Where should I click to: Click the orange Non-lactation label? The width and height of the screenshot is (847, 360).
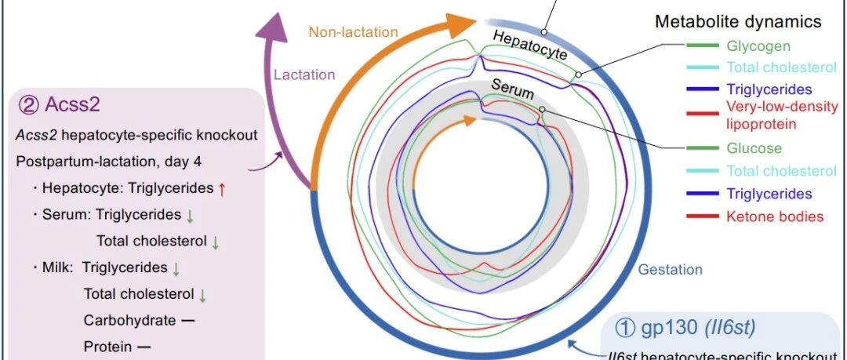[353, 32]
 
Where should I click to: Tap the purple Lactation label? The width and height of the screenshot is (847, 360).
[304, 75]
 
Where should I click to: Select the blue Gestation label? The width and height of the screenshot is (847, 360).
[671, 269]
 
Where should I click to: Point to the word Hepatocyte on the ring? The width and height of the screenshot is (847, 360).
[530, 45]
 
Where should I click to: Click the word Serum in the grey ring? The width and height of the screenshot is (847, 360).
[513, 89]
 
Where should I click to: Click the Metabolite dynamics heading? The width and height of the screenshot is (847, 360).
[738, 22]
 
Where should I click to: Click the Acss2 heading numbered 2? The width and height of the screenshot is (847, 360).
[60, 104]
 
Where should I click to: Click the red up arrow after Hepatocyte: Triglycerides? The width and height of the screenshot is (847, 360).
[221, 189]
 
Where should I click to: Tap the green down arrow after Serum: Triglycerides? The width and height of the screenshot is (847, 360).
[189, 216]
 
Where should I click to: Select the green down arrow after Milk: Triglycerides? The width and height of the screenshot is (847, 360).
[176, 268]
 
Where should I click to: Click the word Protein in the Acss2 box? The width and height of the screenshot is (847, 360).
[107, 346]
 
